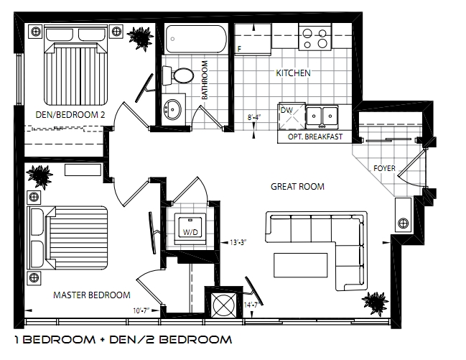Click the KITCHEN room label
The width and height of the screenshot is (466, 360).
click(x=293, y=73)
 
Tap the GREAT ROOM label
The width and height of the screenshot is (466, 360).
click(x=297, y=187)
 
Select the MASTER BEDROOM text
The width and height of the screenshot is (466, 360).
click(x=92, y=295)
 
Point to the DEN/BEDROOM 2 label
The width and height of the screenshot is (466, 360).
click(x=70, y=114)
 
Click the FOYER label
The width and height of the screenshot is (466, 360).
click(x=384, y=168)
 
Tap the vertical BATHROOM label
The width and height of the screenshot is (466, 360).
click(x=205, y=80)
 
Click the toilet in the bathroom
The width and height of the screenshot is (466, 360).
click(x=178, y=75)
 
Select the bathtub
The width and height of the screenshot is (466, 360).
click(x=195, y=40)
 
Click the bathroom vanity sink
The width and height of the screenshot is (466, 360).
click(x=172, y=109)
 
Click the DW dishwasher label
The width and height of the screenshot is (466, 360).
click(x=286, y=110)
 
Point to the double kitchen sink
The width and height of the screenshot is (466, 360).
click(x=322, y=116)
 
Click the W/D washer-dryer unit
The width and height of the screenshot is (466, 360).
click(x=190, y=227)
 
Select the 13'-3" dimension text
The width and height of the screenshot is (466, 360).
click(x=238, y=242)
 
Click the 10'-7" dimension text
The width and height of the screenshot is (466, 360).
click(x=141, y=311)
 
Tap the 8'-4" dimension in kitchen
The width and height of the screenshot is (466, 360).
click(x=254, y=117)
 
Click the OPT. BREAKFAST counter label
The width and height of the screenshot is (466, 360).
click(x=315, y=137)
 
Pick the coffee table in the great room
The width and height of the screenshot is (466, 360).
click(x=300, y=265)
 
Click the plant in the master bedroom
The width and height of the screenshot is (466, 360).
click(x=39, y=176)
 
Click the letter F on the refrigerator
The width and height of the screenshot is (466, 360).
click(x=239, y=49)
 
